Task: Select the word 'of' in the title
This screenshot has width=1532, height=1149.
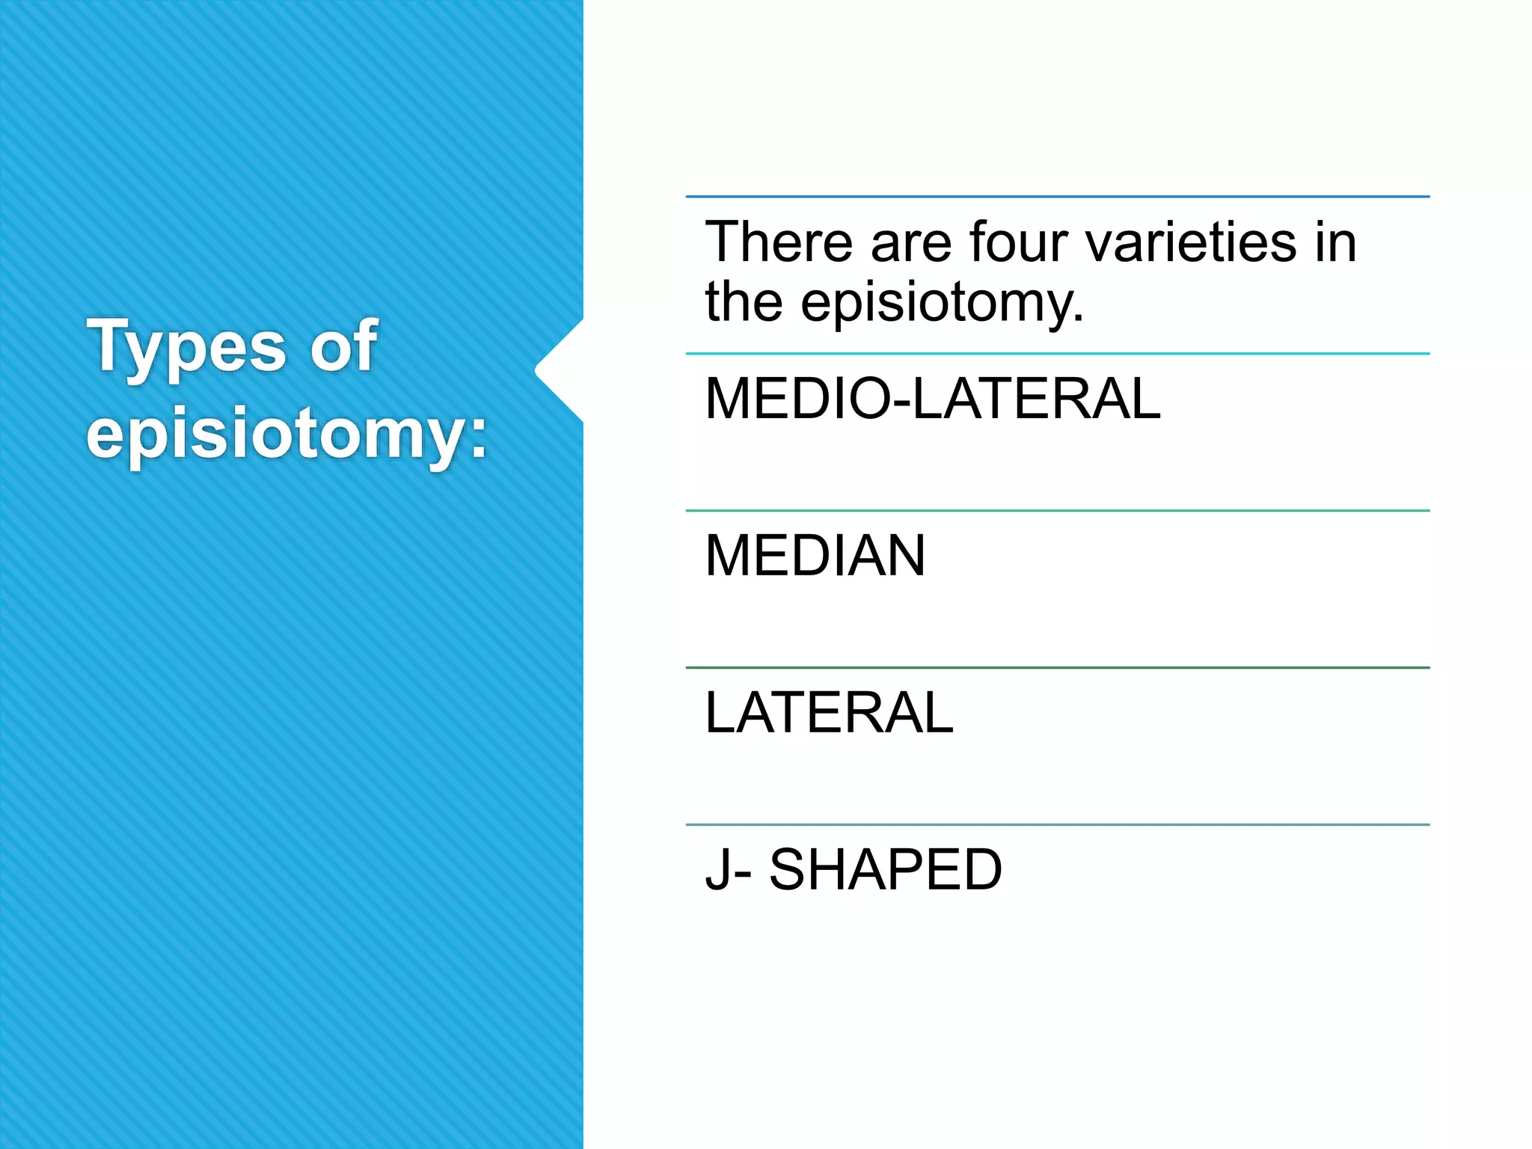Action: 343,345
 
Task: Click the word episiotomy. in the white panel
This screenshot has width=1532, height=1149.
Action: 943,302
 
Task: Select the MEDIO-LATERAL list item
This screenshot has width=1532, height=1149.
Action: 932,399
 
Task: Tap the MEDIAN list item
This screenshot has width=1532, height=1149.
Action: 815,555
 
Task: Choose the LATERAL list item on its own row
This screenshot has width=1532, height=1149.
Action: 829,712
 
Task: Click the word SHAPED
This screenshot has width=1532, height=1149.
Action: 886,869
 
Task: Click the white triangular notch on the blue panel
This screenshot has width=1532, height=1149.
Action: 560,370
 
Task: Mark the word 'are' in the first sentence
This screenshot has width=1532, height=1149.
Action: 912,243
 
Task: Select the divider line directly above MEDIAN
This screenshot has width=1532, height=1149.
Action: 1057,511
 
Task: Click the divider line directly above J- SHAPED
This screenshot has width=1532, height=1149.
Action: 1057,824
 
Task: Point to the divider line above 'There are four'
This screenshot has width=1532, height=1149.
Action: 1057,197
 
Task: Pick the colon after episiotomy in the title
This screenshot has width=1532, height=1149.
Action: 477,438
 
